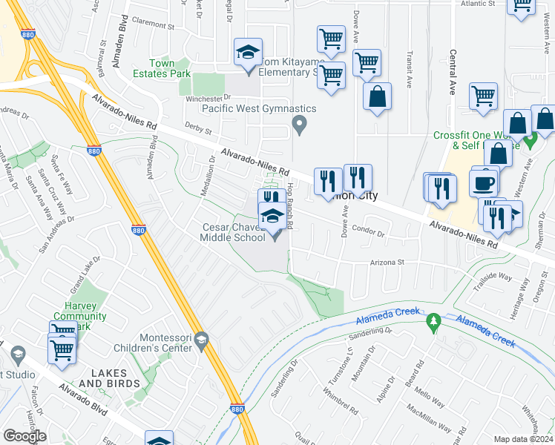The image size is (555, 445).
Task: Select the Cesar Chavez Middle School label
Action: pyautogui.click(x=232, y=232)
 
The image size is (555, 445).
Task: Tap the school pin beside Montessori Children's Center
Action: pyautogui.click(x=201, y=340)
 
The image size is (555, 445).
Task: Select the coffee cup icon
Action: pyautogui.click(x=484, y=182)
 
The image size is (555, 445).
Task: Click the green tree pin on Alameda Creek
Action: pyautogui.click(x=434, y=321)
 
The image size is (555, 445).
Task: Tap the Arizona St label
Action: pyautogui.click(x=387, y=263)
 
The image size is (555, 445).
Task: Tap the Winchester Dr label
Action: pyautogui.click(x=204, y=99)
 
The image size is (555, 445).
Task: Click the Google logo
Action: pyautogui.click(x=24, y=436)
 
